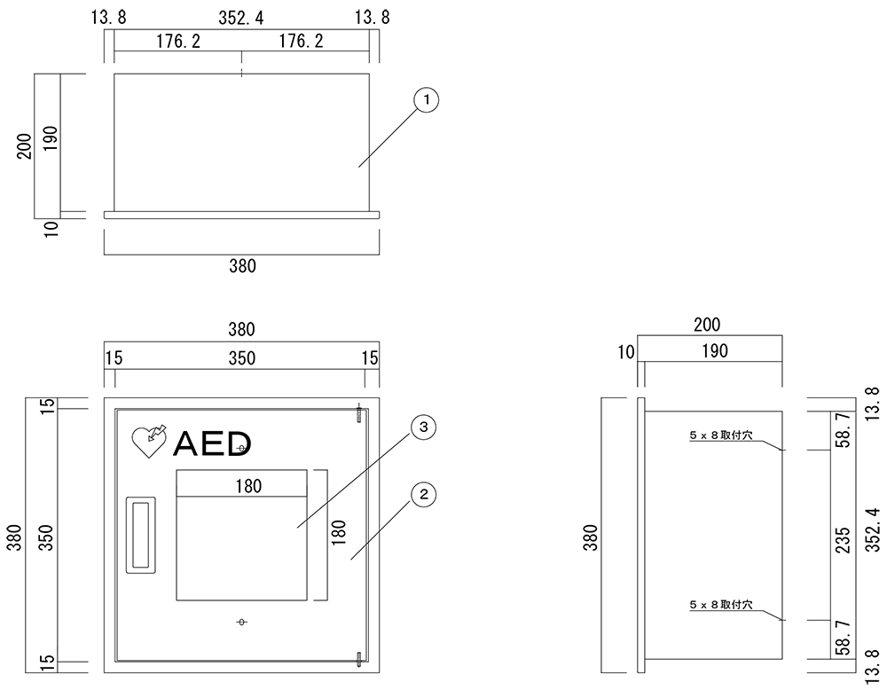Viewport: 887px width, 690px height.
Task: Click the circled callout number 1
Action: coord(427,101)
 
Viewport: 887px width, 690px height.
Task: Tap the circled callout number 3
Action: coord(424,427)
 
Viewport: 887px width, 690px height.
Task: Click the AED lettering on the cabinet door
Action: coord(213,443)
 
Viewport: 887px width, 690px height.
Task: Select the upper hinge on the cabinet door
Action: coord(359,412)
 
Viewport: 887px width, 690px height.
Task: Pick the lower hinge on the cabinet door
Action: coord(359,657)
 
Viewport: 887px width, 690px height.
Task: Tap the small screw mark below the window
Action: coord(241,622)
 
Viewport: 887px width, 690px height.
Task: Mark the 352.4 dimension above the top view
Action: coord(241,17)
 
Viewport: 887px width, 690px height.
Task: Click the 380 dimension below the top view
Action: coord(241,265)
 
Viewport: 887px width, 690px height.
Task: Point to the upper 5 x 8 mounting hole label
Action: coord(720,436)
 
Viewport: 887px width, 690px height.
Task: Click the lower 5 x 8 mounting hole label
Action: coord(720,605)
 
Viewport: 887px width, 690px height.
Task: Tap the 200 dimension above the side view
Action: coord(707,325)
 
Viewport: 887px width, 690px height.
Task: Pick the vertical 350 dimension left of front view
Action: coord(50,535)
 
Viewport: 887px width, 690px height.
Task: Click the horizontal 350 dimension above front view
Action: coord(241,357)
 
